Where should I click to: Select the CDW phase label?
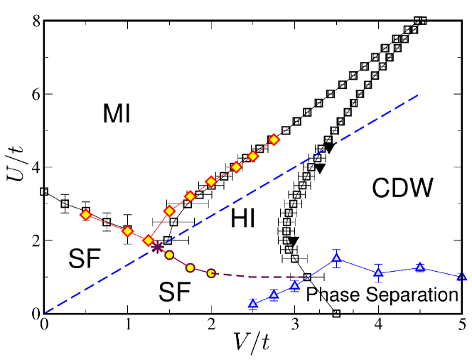(x=402, y=188)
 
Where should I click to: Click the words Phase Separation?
(x=382, y=294)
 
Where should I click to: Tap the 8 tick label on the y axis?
(x=33, y=21)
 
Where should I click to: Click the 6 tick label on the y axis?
(x=33, y=94)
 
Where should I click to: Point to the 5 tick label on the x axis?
(x=462, y=326)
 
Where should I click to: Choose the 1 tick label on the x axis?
(x=128, y=326)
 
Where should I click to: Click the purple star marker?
(x=158, y=246)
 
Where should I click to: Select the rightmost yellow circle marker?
(x=211, y=273)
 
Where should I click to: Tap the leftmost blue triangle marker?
(x=252, y=304)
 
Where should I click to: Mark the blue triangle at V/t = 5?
(x=462, y=276)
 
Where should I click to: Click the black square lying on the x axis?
(x=336, y=313)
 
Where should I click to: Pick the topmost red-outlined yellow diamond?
(x=274, y=139)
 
